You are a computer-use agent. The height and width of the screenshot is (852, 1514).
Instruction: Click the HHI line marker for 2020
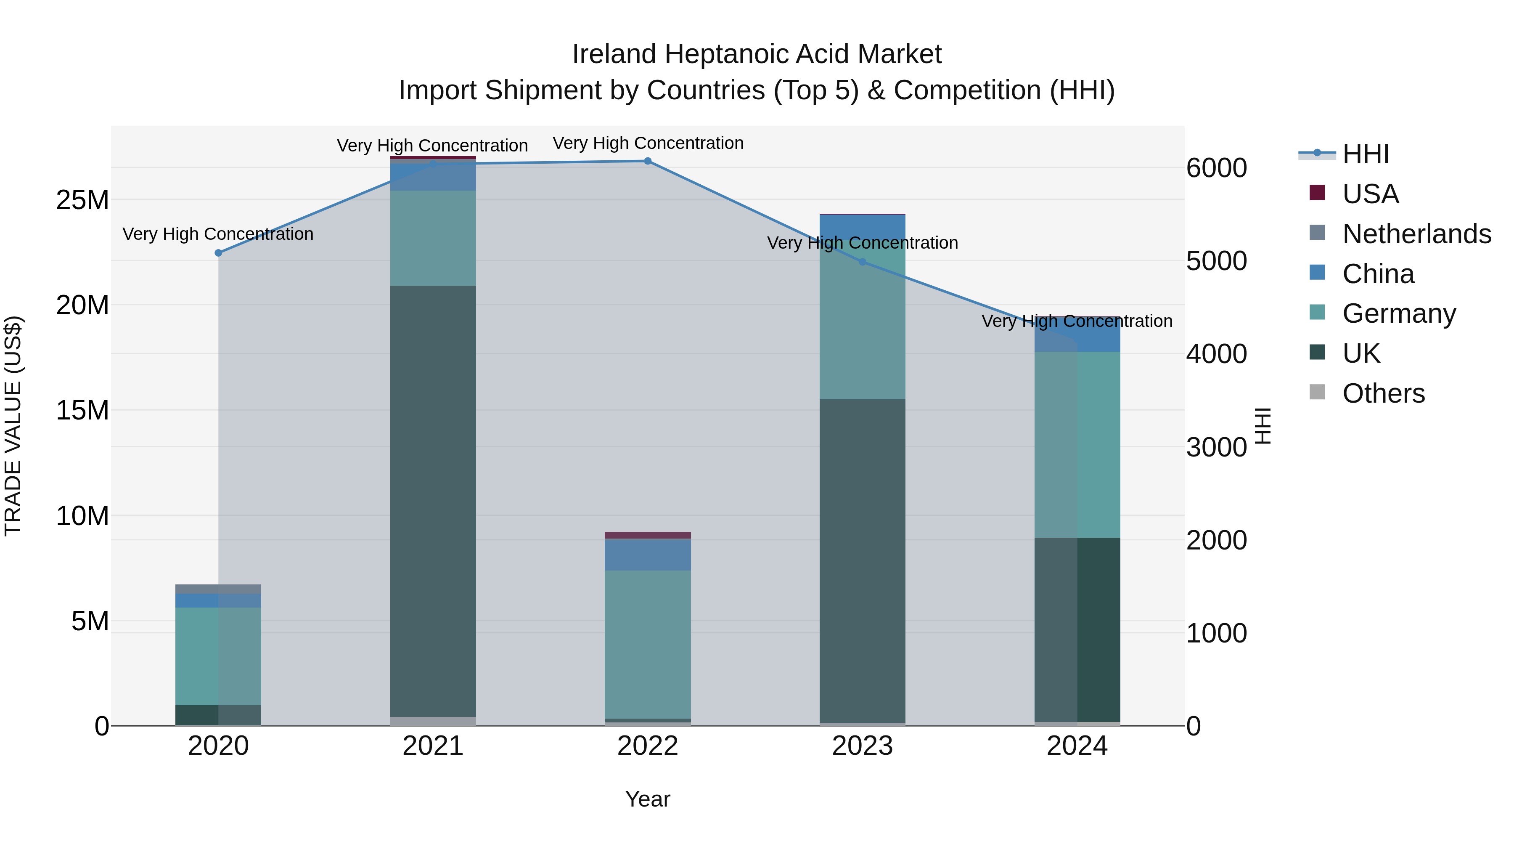click(x=218, y=253)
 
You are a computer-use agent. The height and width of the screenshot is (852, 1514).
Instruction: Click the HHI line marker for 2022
click(x=648, y=161)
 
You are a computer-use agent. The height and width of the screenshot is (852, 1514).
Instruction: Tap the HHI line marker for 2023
click(x=862, y=262)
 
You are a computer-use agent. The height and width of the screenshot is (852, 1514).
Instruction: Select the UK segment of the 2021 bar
click(x=433, y=500)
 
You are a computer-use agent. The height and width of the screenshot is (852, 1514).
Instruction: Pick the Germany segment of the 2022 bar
click(x=648, y=644)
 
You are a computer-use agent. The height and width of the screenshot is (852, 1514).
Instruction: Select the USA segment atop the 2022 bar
click(x=648, y=535)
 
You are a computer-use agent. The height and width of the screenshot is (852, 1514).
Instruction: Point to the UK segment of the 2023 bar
click(x=862, y=559)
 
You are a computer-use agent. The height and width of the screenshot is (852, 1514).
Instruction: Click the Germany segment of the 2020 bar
click(x=218, y=656)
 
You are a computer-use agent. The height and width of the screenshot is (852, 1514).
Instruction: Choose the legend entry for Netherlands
click(x=1416, y=234)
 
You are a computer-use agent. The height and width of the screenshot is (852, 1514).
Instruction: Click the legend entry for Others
click(x=1384, y=393)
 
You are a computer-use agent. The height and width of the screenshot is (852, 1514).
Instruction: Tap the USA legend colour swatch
click(x=1317, y=193)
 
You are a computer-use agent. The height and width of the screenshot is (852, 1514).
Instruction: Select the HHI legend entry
click(x=1365, y=154)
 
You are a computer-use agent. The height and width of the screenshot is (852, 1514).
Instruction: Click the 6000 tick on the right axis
click(x=1216, y=168)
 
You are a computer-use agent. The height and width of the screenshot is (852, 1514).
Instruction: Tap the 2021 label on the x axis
click(x=433, y=746)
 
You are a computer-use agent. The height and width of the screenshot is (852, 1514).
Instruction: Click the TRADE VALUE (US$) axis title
click(x=13, y=426)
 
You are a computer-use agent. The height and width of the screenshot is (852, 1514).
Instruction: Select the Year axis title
click(x=647, y=799)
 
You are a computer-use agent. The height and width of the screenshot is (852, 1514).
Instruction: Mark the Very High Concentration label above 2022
click(x=648, y=143)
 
